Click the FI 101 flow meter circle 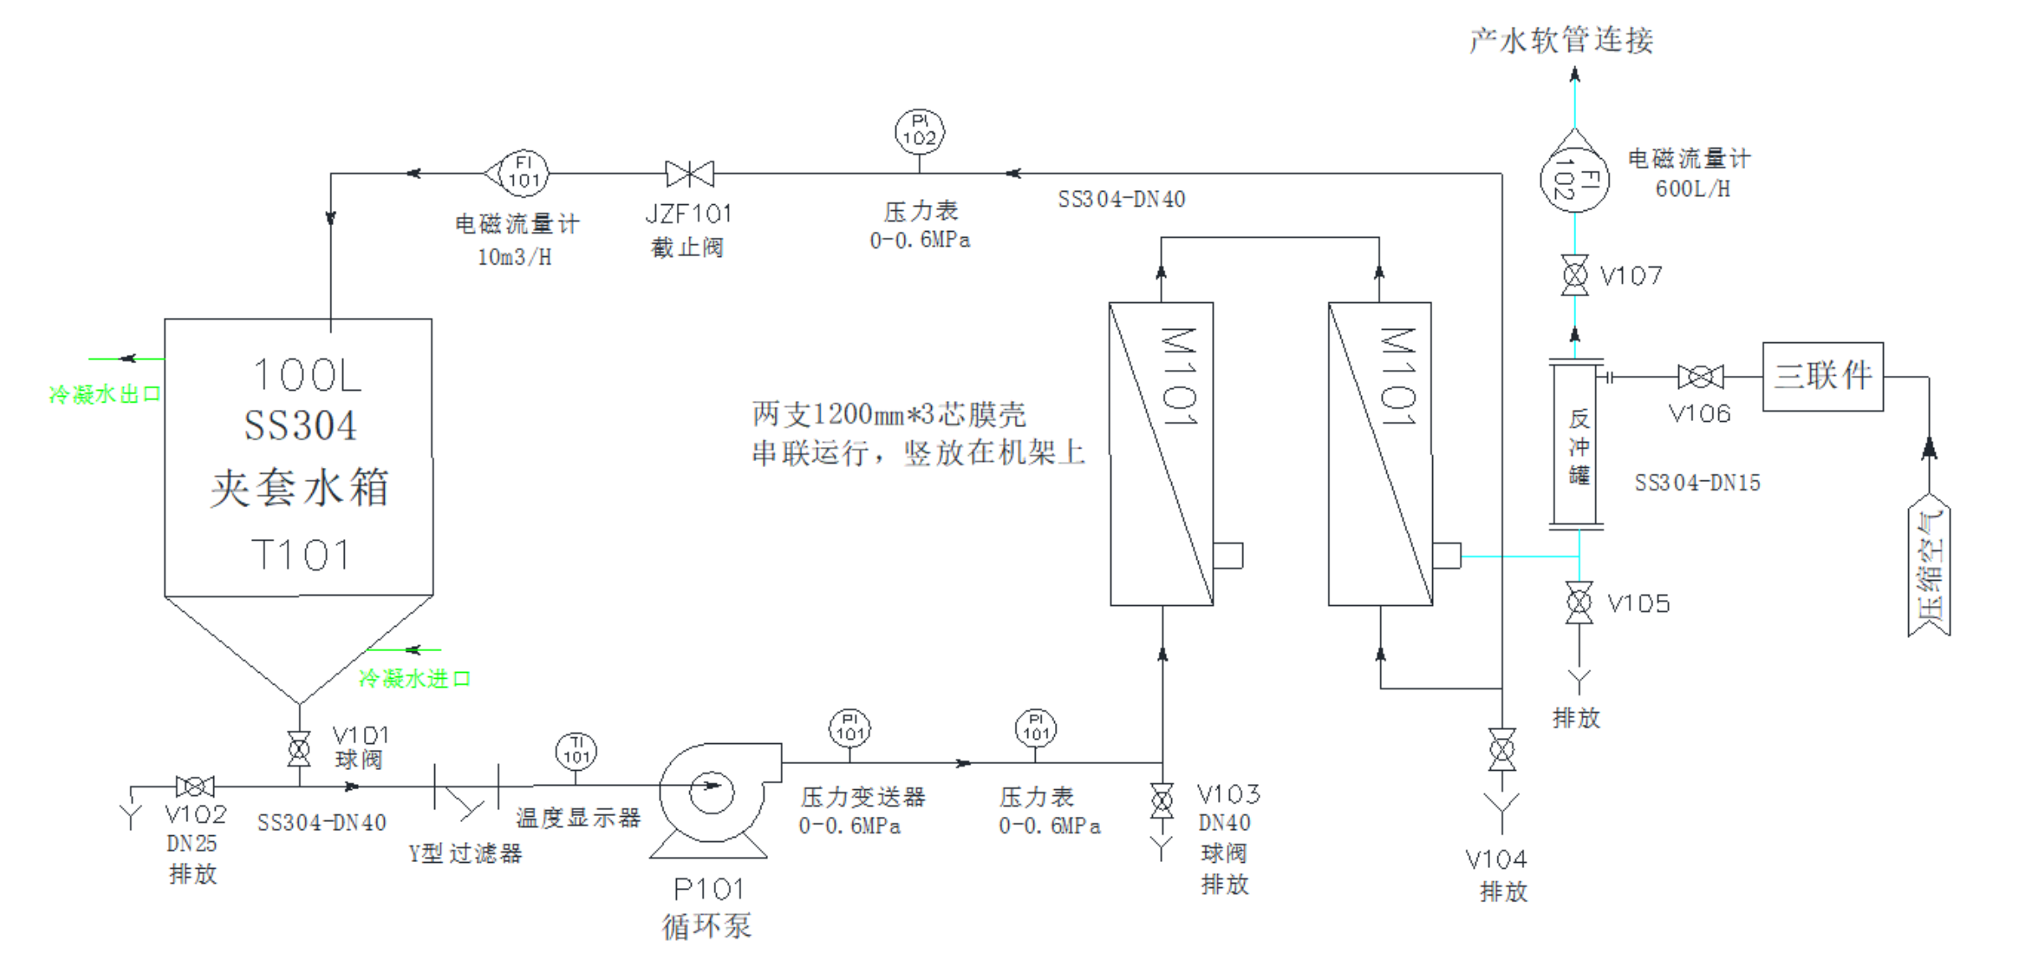coord(523,173)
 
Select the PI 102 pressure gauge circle coord(919,131)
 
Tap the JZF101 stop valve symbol coord(689,174)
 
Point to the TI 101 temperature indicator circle coord(576,751)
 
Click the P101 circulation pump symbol coord(711,793)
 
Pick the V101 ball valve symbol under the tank coord(299,749)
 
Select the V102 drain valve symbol coord(195,787)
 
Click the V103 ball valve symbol coord(1161,801)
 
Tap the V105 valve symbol coord(1579,603)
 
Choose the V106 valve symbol coord(1700,377)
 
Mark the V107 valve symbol coord(1574,275)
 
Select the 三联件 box coord(1823,377)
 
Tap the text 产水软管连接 coord(1561,40)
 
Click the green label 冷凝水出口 coord(105,394)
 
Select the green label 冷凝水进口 coord(414,679)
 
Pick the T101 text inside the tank coord(299,555)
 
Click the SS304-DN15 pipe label coord(1697,483)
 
